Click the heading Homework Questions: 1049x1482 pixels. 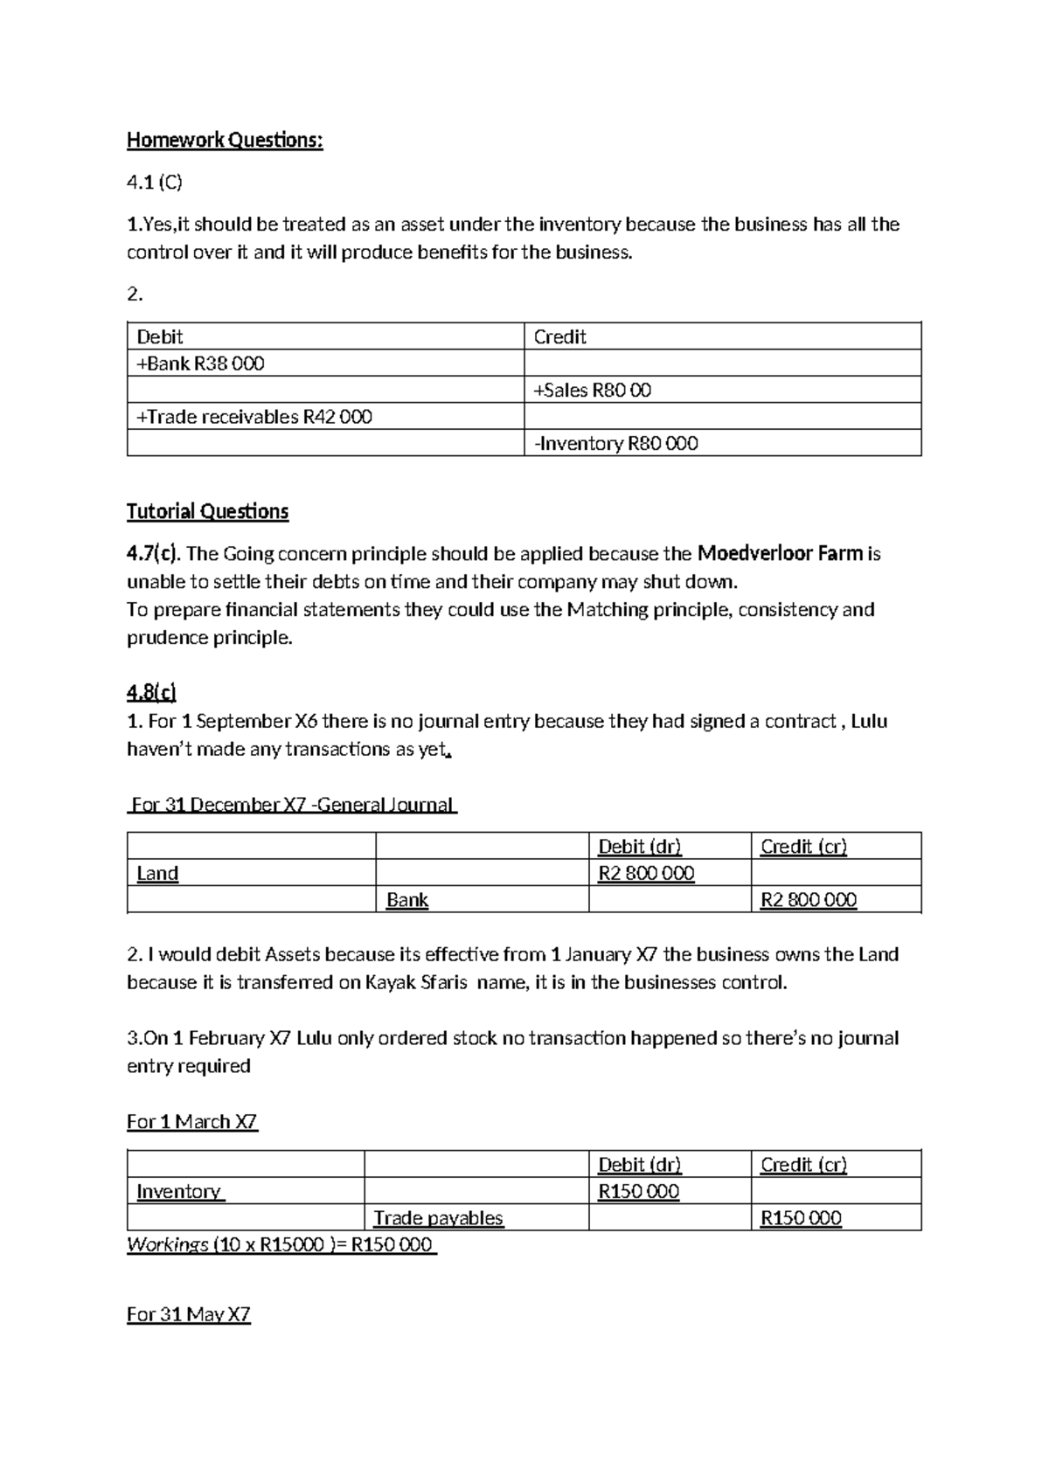tap(225, 140)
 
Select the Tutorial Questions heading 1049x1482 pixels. tap(207, 511)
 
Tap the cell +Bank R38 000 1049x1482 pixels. tap(200, 364)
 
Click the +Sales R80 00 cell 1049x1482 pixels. tap(592, 391)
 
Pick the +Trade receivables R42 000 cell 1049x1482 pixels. tap(254, 417)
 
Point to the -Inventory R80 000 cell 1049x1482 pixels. tap(615, 444)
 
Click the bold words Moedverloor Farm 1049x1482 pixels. tap(780, 553)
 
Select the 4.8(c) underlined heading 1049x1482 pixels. tap(151, 693)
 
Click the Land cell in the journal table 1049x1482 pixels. tap(157, 873)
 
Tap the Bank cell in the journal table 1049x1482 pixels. tap(407, 900)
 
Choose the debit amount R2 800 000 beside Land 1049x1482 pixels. tap(646, 873)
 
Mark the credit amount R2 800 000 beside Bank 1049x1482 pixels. tap(809, 900)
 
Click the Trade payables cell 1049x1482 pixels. tap(438, 1218)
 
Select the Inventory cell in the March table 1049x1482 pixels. tap(180, 1192)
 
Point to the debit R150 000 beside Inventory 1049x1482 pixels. tap(638, 1192)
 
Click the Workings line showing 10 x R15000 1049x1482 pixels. tap(281, 1244)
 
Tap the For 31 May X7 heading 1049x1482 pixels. tap(189, 1314)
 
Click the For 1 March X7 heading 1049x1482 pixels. tap(192, 1121)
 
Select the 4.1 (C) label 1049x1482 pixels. tap(155, 182)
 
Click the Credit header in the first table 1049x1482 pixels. tap(559, 337)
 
